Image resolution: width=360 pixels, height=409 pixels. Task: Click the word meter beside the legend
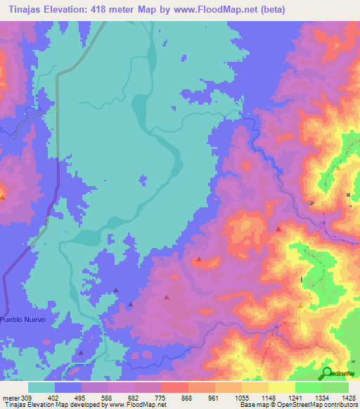[11, 396]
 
